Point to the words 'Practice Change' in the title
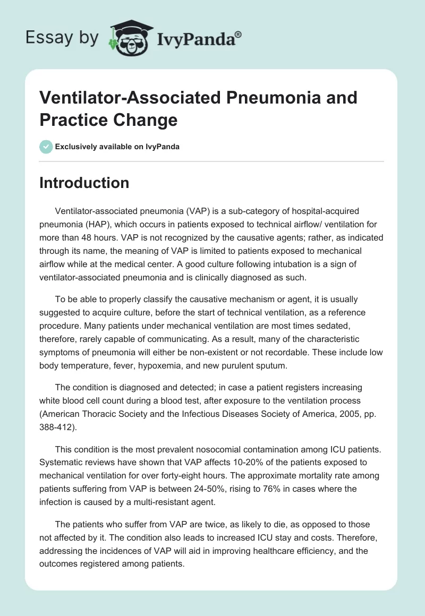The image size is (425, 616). click(x=108, y=119)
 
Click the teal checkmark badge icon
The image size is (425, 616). click(x=46, y=147)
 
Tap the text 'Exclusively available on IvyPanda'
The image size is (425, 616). click(x=117, y=147)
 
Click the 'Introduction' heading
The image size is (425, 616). click(x=84, y=183)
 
